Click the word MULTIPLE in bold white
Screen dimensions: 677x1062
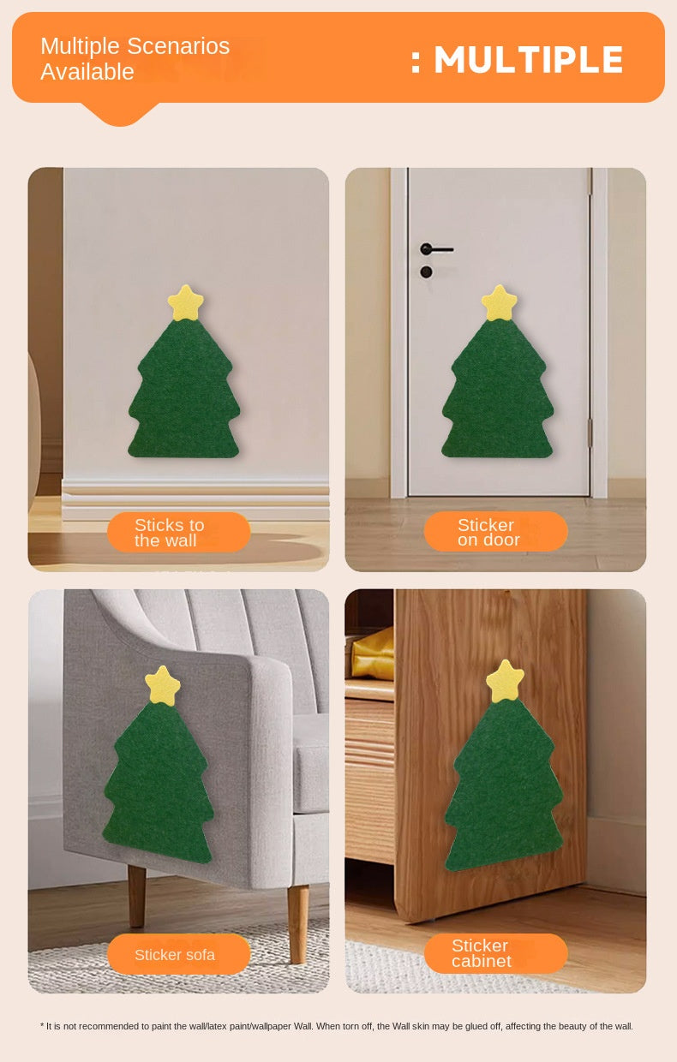[x=529, y=60]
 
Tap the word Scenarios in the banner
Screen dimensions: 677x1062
[x=178, y=46]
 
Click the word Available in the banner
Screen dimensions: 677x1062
[x=87, y=72]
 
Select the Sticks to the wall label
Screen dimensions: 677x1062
[x=178, y=532]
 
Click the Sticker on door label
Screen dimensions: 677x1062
[x=495, y=531]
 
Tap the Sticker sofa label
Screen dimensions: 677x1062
[x=178, y=954]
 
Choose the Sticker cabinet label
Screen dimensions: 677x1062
[x=495, y=953]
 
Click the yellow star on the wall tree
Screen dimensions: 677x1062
[x=185, y=303]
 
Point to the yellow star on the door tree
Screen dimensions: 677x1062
[x=499, y=302]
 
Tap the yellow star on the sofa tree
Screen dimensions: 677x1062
[x=163, y=685]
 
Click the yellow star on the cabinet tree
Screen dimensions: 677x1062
[x=505, y=681]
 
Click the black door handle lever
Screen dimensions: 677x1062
[x=436, y=249]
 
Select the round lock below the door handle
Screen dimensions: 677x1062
[x=426, y=272]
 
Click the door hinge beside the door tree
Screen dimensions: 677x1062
[x=590, y=433]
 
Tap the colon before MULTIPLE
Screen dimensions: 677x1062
[x=416, y=63]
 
